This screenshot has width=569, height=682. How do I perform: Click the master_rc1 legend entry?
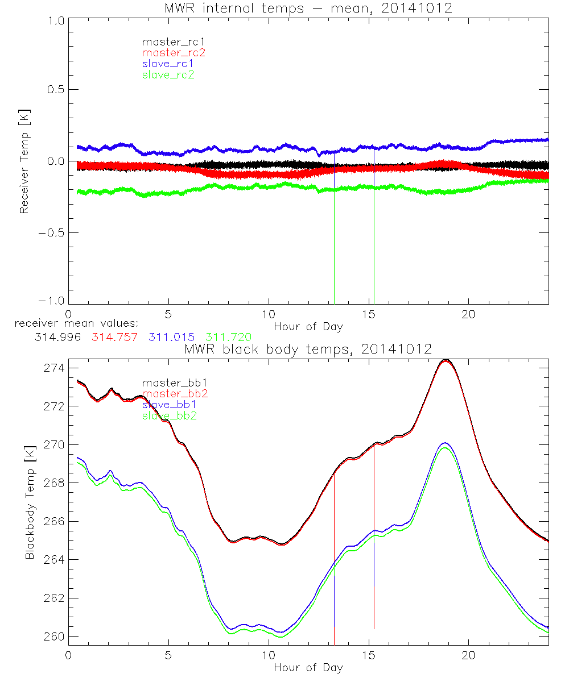[x=168, y=41]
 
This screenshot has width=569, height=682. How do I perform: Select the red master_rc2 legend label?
[x=174, y=52]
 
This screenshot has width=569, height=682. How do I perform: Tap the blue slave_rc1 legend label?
[x=168, y=63]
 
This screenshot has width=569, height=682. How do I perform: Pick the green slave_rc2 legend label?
[x=168, y=74]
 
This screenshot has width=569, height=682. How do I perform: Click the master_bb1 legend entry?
[x=171, y=382]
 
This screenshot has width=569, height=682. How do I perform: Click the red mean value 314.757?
[x=114, y=337]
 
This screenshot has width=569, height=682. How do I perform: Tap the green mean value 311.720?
[x=228, y=337]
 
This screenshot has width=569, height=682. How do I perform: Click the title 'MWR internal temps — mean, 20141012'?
[x=308, y=7]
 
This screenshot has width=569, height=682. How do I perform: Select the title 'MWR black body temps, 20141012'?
[x=308, y=348]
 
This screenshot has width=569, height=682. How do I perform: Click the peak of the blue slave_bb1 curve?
[x=444, y=443]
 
